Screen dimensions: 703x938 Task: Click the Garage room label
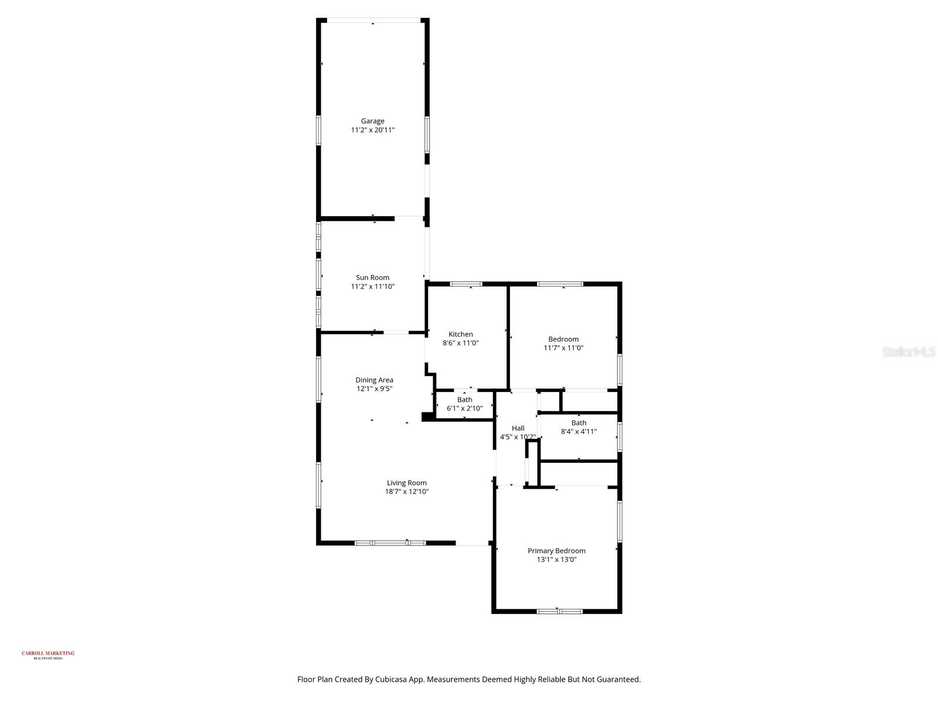(x=372, y=121)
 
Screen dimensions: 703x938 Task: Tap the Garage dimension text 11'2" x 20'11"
(x=372, y=130)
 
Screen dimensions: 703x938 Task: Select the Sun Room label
(x=372, y=278)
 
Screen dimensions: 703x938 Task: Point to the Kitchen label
(x=461, y=335)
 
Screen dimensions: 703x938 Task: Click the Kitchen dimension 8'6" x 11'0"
(x=461, y=343)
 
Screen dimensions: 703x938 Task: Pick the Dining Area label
(x=374, y=380)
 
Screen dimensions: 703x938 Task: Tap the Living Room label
(x=406, y=483)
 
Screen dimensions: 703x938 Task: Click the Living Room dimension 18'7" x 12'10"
(x=406, y=492)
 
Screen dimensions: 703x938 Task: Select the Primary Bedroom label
(x=556, y=551)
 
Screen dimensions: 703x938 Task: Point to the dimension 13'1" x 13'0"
(x=556, y=559)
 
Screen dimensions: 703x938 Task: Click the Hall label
(x=518, y=428)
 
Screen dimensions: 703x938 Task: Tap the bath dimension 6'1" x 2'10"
(x=464, y=408)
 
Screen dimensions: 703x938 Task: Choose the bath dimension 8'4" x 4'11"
(x=579, y=432)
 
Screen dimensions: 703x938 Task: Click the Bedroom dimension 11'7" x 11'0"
(x=563, y=348)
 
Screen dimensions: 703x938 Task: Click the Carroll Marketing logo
(x=48, y=654)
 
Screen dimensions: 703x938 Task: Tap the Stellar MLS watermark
(x=908, y=352)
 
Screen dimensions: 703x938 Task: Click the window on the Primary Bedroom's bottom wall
(x=560, y=612)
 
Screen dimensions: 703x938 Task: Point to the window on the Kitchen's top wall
(x=466, y=284)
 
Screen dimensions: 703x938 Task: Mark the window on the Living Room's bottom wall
(x=390, y=543)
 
